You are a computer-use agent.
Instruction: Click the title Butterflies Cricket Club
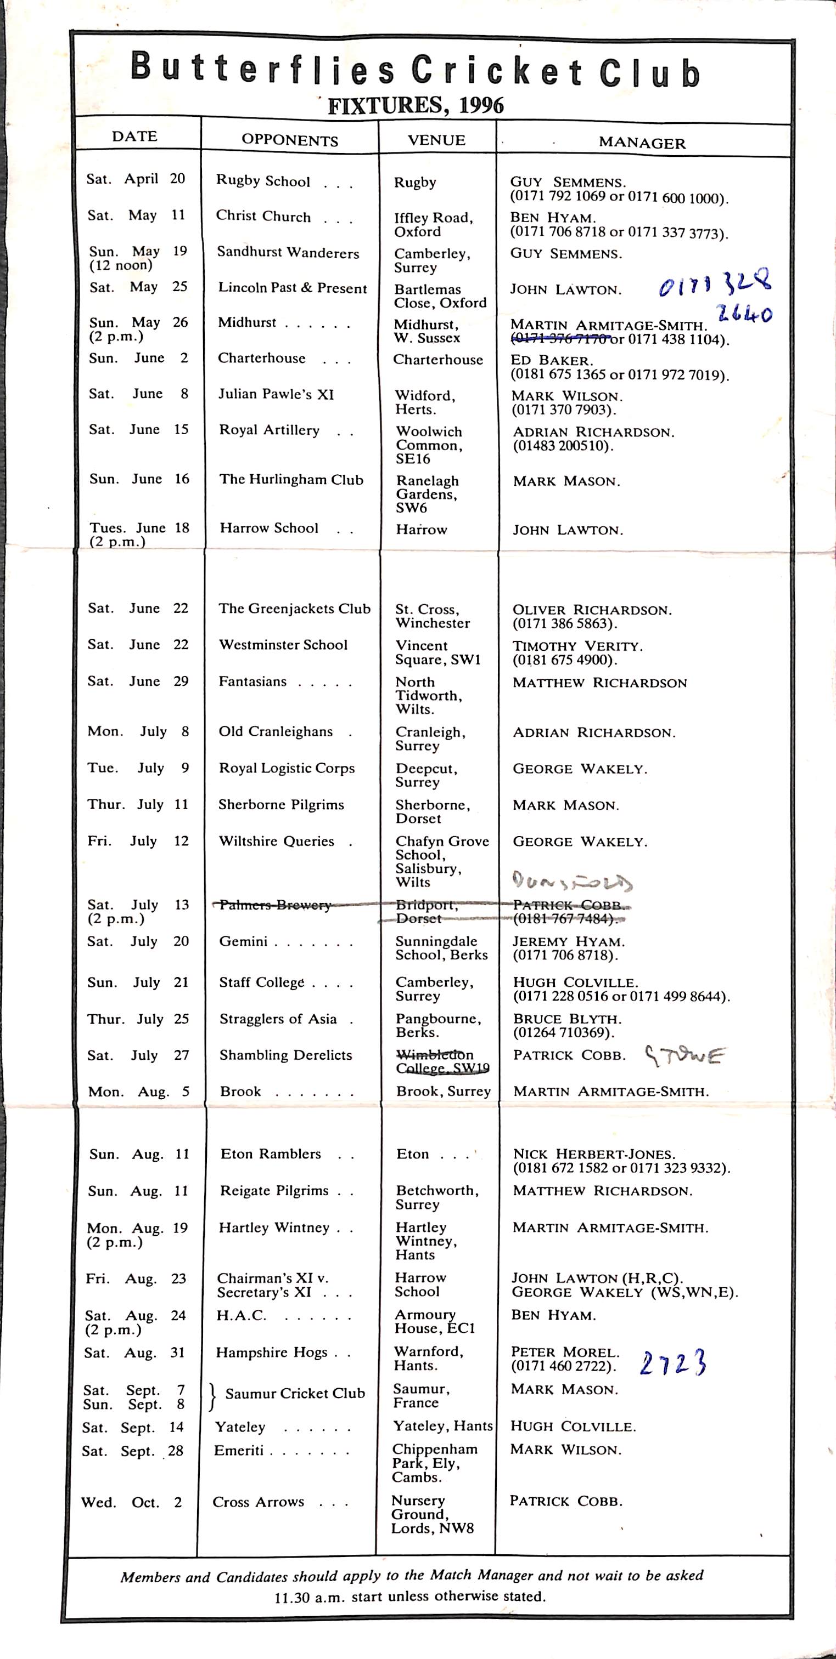tap(415, 71)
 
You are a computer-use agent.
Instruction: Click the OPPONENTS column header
tap(289, 140)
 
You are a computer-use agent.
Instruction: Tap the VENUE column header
tap(436, 140)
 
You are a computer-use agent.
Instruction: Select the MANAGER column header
tap(642, 143)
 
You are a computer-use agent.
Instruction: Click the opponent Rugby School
tap(263, 181)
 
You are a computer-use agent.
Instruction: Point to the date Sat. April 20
tap(136, 179)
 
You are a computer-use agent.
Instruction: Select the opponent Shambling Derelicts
tap(285, 1055)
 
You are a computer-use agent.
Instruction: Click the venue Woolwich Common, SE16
tap(429, 445)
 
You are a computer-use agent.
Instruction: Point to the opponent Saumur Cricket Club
tap(295, 1393)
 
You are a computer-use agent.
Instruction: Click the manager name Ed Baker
tap(552, 361)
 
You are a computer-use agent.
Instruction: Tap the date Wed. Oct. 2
tap(132, 1503)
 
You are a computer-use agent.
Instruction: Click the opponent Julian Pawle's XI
tap(276, 394)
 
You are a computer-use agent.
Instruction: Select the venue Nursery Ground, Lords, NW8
tap(432, 1514)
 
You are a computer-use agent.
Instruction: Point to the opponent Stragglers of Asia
tap(278, 1019)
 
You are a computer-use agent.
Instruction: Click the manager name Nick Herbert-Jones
tap(593, 1154)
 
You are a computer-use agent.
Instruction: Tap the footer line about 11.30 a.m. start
tap(410, 1597)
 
